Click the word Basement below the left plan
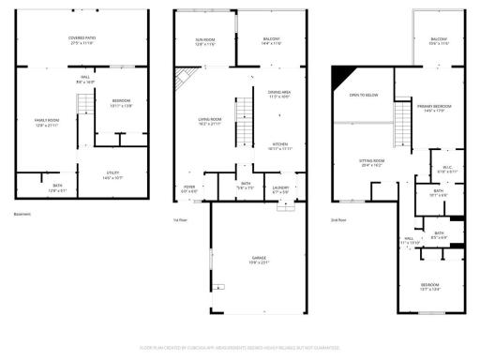point(22,215)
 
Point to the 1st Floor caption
point(181,219)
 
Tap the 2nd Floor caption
point(338,219)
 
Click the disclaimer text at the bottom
point(240,347)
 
